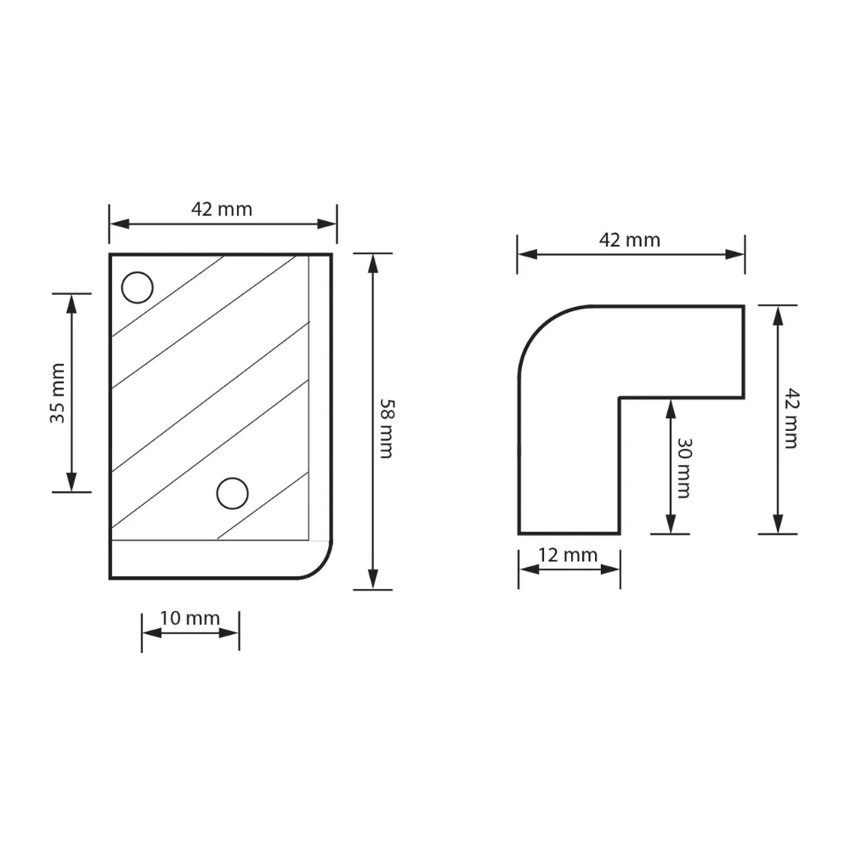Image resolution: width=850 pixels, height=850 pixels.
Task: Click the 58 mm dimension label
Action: click(387, 428)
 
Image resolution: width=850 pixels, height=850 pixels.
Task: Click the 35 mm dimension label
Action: click(58, 393)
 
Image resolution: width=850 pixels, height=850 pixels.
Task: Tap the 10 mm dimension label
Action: click(190, 618)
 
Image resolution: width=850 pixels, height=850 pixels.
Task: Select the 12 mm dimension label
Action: click(568, 555)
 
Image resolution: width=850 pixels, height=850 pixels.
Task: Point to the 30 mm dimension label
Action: click(684, 467)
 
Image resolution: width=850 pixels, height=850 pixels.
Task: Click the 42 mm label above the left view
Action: click(222, 209)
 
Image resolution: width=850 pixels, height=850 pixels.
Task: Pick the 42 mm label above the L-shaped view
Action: click(630, 241)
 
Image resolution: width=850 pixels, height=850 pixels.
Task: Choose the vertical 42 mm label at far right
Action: click(792, 418)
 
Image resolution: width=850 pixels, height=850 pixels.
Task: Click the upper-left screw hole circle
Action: click(137, 287)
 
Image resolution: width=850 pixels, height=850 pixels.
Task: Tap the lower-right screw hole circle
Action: click(233, 493)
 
